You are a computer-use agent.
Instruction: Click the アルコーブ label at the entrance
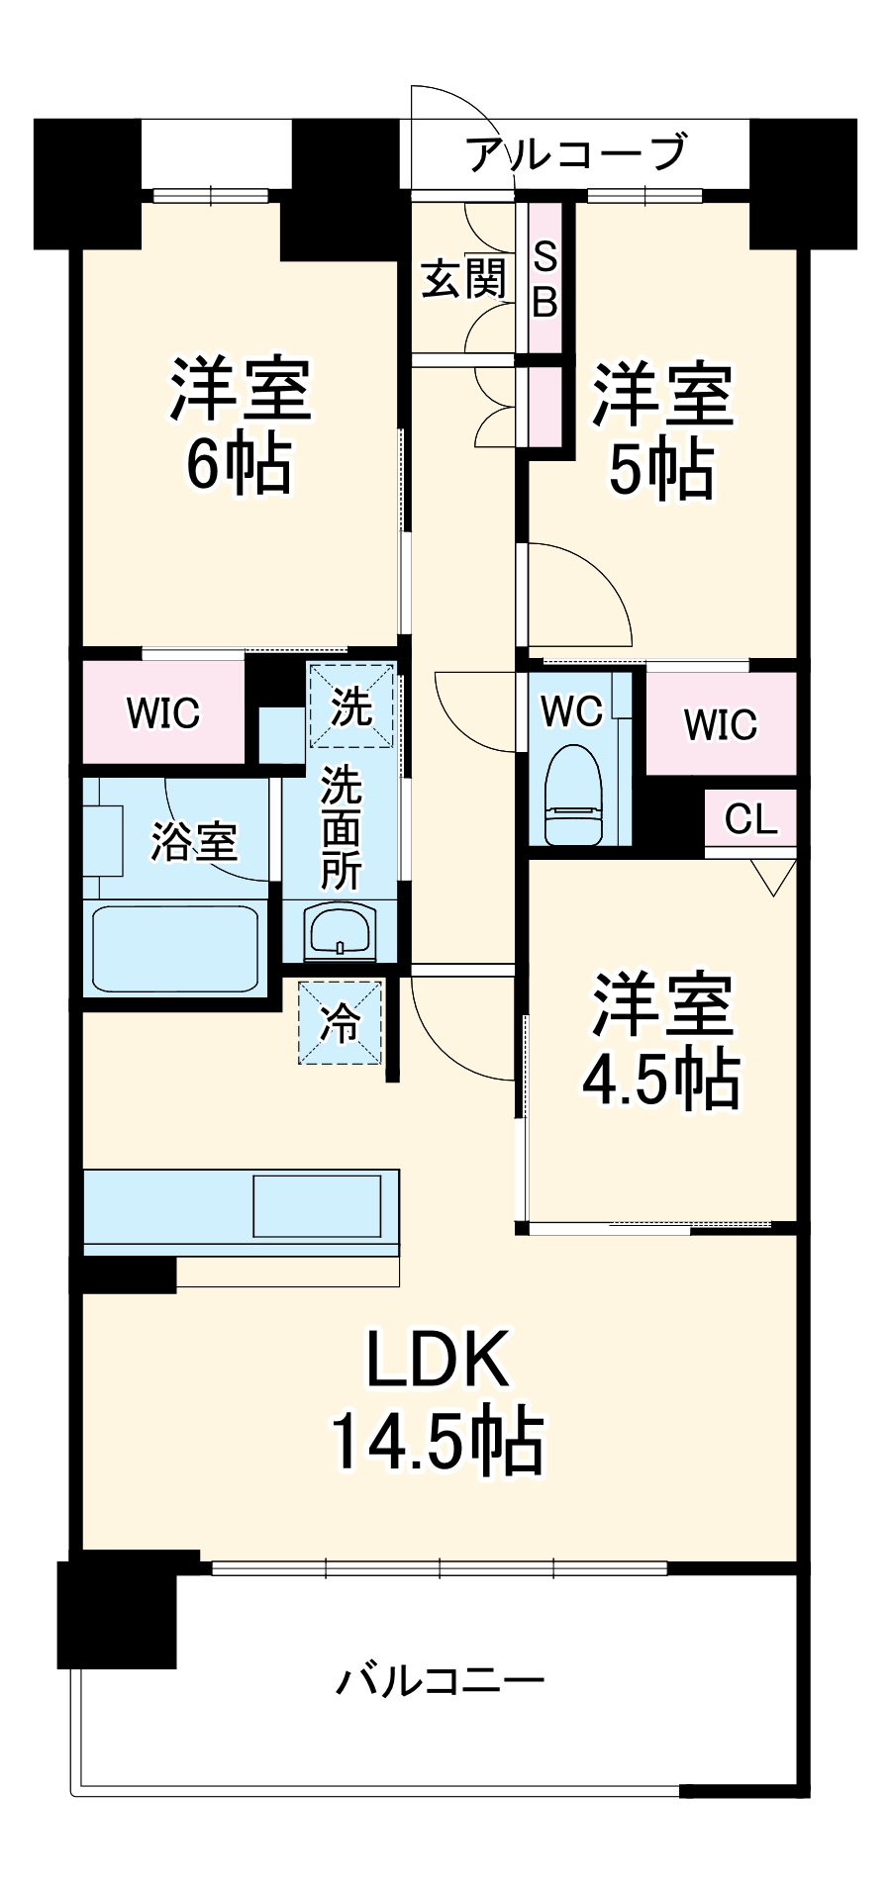575,153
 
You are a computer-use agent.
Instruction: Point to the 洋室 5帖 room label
661,431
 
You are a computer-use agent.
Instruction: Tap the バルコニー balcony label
440,1680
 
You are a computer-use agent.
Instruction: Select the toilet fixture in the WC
574,797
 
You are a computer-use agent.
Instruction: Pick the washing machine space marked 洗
351,706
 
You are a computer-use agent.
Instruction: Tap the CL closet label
750,818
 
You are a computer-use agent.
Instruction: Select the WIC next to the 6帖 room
163,712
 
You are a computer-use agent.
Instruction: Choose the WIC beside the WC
721,724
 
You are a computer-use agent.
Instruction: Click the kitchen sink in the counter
317,1205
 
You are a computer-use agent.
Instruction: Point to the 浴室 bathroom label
194,841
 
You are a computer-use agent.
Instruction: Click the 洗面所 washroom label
341,827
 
